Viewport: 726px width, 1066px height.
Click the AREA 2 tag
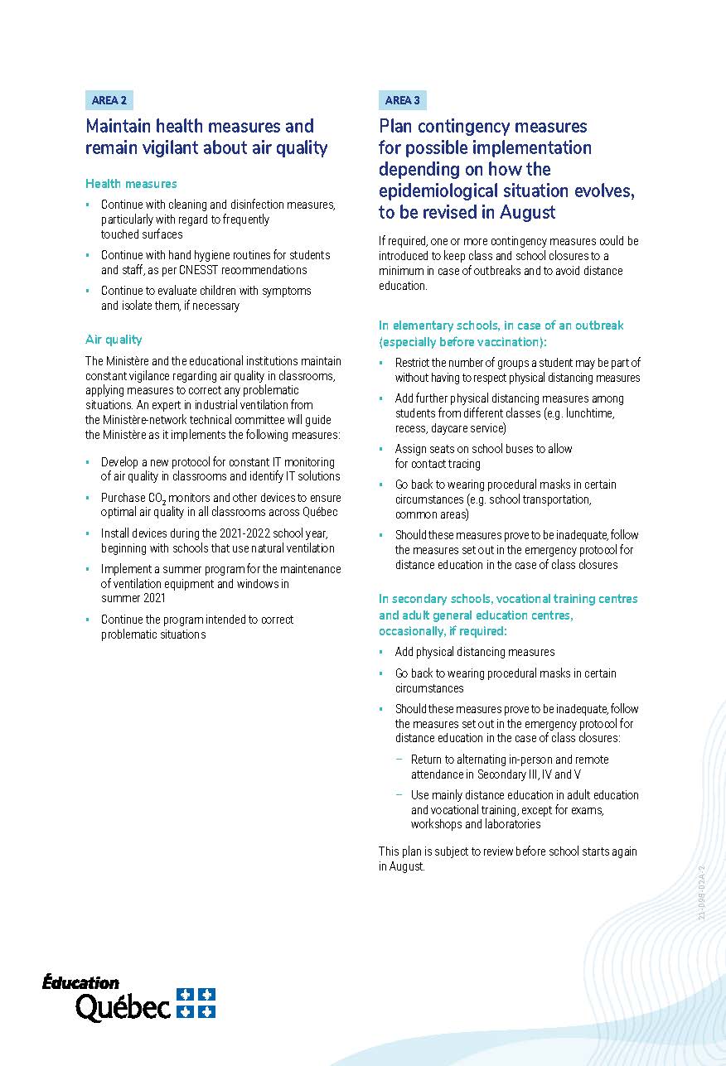click(x=109, y=100)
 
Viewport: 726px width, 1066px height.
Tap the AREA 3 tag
click(x=402, y=100)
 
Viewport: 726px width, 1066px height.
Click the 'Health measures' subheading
click(x=131, y=184)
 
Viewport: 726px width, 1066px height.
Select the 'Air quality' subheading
click(x=114, y=340)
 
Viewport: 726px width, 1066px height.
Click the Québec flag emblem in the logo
click(x=196, y=1002)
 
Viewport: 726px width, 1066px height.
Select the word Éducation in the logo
click(x=81, y=983)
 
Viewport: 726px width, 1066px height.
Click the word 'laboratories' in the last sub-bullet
click(x=512, y=824)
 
